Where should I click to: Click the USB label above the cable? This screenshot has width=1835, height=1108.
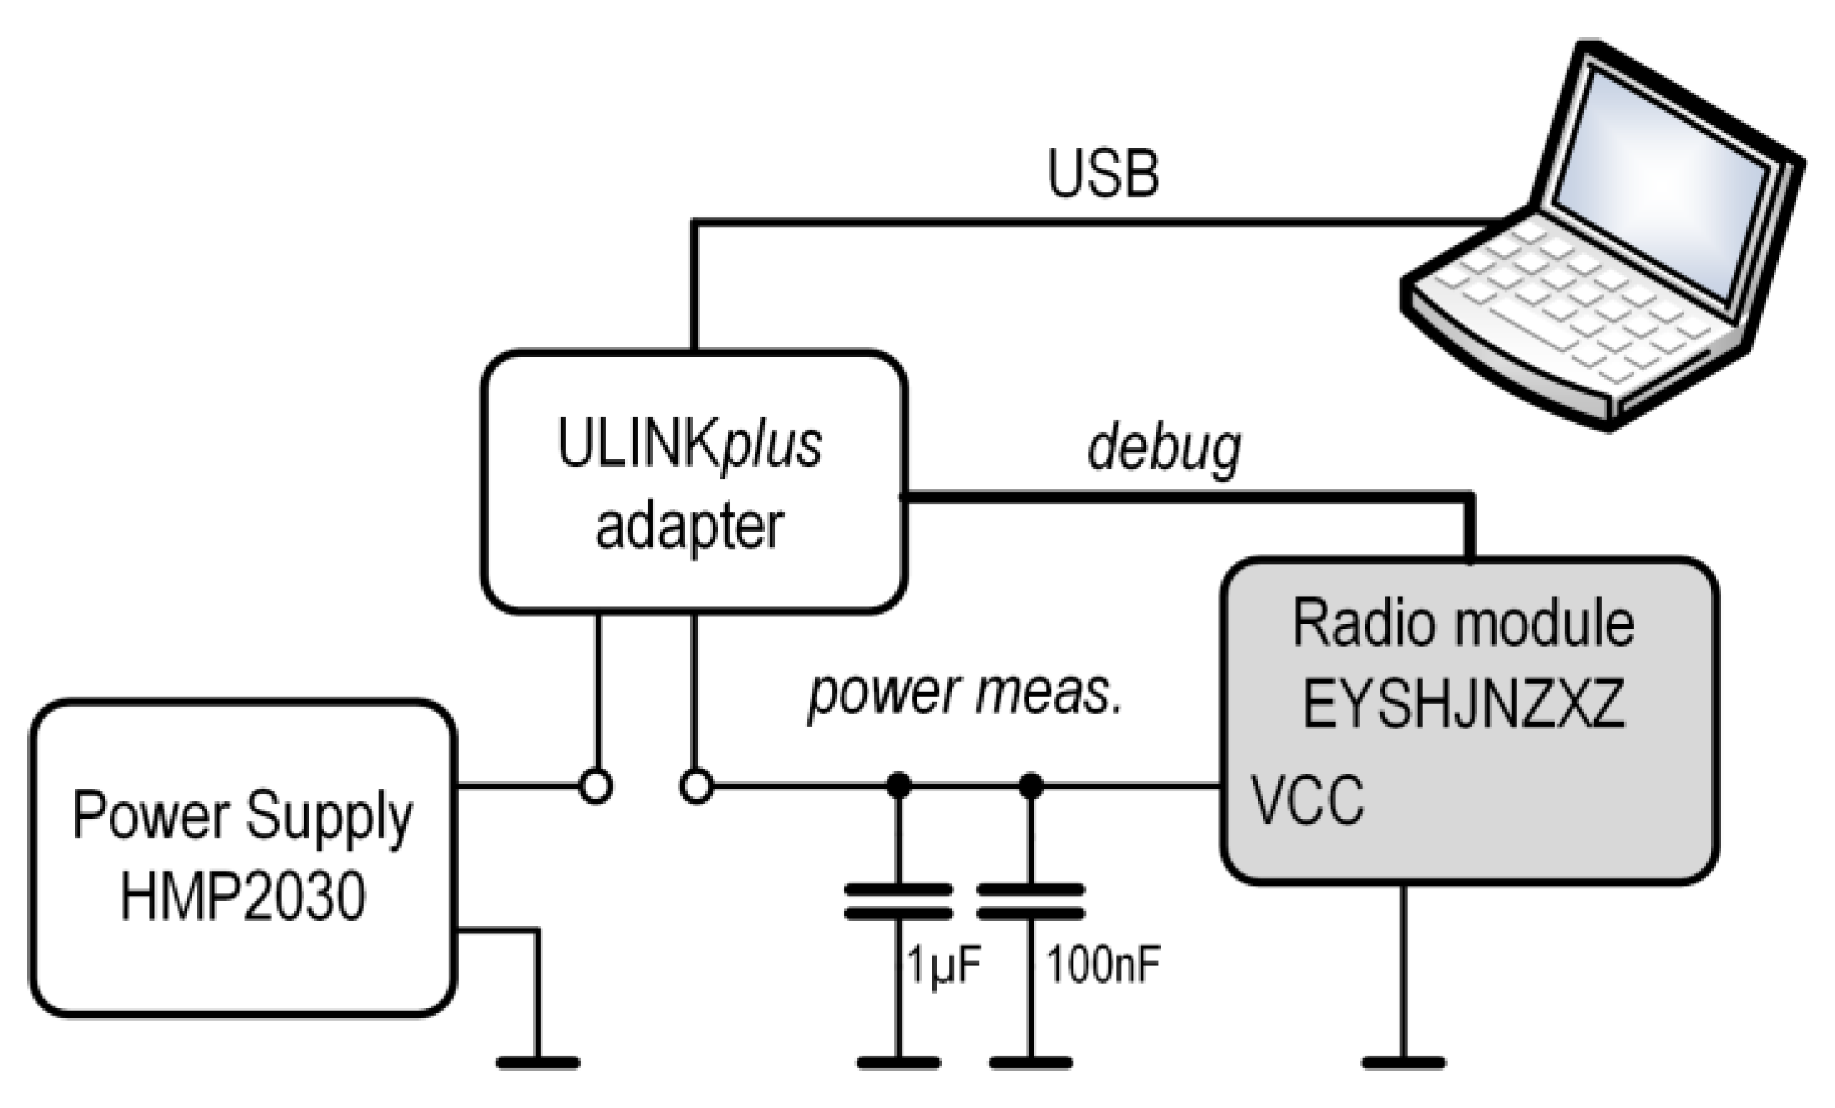[1102, 175]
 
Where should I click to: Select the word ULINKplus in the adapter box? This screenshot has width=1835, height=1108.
[689, 446]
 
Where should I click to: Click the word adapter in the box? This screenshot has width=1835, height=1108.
[689, 527]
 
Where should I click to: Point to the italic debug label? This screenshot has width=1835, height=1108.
[1163, 449]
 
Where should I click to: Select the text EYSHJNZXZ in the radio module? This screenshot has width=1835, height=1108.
[1463, 705]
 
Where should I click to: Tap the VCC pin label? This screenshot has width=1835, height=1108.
[1307, 800]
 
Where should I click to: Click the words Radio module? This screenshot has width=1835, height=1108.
[1463, 624]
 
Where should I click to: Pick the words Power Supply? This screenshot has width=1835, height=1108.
[242, 817]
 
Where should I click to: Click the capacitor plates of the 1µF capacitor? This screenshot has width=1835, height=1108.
[898, 901]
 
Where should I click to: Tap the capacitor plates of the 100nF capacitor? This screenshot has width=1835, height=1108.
[1030, 901]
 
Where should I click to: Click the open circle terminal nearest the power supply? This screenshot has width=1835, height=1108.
[595, 785]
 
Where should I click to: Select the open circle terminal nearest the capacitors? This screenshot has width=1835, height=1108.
[696, 785]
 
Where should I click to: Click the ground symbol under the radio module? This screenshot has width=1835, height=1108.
[1404, 1062]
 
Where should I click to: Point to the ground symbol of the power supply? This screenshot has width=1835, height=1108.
[538, 1062]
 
